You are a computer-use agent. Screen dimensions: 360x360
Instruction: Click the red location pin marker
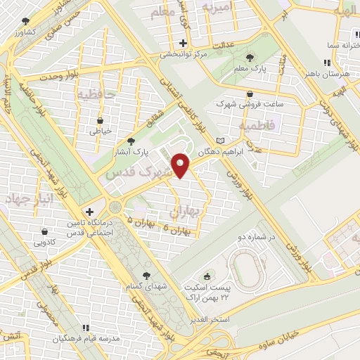(x=181, y=165)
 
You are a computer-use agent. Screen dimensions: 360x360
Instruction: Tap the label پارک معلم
(x=251, y=69)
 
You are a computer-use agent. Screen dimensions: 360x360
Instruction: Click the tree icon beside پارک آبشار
(x=130, y=141)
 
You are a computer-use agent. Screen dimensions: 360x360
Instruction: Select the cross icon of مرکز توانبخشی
(x=183, y=43)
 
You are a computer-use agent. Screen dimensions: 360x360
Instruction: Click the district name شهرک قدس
(x=139, y=171)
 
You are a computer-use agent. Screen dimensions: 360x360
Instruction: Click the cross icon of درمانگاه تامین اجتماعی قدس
(x=89, y=212)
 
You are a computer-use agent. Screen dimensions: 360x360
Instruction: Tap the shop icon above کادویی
(x=45, y=231)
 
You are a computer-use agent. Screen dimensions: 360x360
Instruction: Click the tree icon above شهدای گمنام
(x=146, y=275)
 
